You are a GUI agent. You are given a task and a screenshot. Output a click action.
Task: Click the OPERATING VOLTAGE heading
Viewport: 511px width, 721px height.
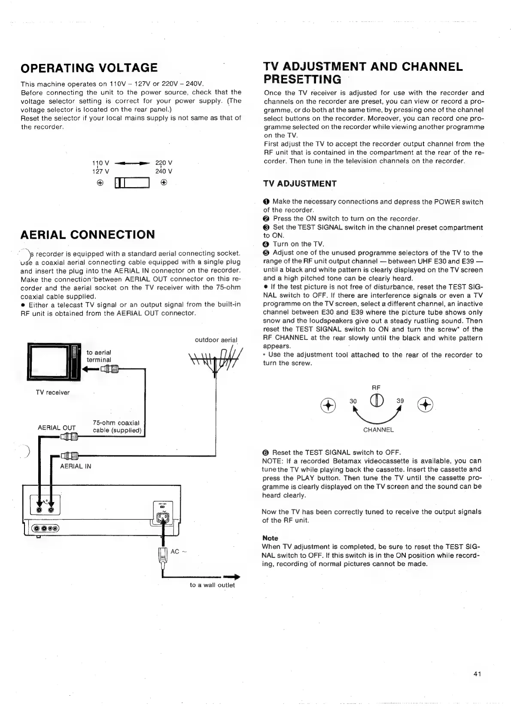coord(89,67)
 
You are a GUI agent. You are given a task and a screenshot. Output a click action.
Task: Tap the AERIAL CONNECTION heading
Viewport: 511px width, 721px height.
coord(88,234)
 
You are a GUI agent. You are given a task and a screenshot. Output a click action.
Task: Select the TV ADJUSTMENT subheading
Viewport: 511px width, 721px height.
coord(300,184)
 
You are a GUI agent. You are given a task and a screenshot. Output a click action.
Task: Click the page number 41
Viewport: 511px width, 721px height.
coord(477,674)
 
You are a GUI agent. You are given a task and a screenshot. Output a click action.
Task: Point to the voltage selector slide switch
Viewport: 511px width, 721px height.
coord(132,183)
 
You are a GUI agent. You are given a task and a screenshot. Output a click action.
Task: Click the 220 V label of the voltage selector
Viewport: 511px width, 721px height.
coord(164,163)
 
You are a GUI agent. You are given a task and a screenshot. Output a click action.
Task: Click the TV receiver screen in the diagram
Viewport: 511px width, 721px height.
coord(48,361)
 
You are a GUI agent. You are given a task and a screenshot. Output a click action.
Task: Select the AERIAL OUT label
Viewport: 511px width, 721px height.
coord(57,427)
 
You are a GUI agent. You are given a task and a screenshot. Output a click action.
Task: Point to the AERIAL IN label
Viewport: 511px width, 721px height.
coord(76,466)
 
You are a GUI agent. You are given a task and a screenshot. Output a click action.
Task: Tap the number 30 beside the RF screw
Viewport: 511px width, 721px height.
coord(353,401)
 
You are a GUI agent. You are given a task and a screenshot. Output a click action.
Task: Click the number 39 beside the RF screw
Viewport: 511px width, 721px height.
coord(400,400)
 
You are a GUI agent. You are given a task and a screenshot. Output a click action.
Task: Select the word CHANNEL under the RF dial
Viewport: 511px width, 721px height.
coord(378,430)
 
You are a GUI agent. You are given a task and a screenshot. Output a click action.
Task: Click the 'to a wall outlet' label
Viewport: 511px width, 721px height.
coord(212,585)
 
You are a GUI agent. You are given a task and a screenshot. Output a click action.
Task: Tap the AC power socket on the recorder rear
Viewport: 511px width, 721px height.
coord(163,518)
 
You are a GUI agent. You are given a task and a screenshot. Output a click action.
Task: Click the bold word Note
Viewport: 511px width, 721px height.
coord(270,538)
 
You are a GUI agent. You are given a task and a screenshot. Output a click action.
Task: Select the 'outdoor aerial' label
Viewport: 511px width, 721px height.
coord(216,340)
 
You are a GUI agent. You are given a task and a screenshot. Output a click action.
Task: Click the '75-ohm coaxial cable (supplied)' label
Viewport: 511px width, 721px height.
coord(117,427)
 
